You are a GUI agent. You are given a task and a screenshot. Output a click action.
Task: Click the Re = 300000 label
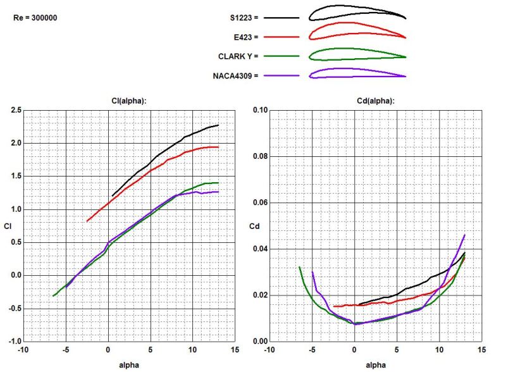click(x=35, y=18)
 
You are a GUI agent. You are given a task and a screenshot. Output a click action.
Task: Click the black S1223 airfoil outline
click(x=357, y=13)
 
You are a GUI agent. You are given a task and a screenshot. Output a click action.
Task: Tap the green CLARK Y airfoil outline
click(x=357, y=53)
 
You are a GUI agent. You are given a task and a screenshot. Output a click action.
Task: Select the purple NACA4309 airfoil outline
click(x=357, y=72)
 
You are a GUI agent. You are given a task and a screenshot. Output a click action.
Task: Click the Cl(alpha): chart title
click(x=131, y=101)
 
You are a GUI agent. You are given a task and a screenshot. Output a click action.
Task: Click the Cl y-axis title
click(x=7, y=226)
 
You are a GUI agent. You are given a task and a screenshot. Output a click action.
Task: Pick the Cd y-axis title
click(x=253, y=226)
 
